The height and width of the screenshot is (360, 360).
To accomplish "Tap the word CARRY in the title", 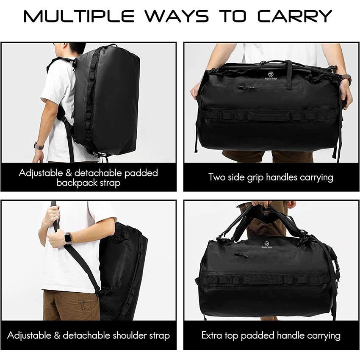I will (x=295, y=16).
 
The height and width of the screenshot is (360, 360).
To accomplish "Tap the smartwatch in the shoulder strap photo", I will (x=67, y=238).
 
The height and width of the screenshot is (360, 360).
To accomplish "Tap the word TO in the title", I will (x=234, y=16).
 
